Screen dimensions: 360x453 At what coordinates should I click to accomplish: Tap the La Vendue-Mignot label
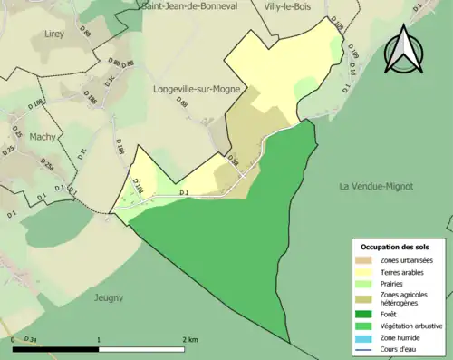(375, 186)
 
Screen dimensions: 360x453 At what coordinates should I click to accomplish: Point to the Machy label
(43, 136)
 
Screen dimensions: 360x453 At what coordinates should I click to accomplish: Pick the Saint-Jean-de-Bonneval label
(189, 5)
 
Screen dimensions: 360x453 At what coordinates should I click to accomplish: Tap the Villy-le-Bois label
(288, 5)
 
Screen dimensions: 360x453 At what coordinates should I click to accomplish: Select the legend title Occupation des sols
(395, 247)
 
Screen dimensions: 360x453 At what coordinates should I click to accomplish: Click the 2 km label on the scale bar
(189, 340)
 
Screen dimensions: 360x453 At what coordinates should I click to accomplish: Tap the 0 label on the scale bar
(14, 340)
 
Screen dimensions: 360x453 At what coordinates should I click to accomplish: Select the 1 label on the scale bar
(98, 340)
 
